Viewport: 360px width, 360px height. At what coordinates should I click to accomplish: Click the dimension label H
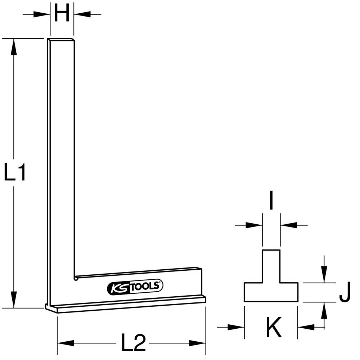point(62,14)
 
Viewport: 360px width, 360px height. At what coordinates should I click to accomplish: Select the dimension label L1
point(14,172)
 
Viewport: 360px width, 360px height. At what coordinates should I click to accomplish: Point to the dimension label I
point(271,202)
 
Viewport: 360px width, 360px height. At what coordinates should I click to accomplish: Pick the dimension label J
point(344,293)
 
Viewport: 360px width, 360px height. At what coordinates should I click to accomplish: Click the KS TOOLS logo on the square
point(135,287)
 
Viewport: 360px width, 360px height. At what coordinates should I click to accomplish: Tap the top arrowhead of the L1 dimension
point(14,47)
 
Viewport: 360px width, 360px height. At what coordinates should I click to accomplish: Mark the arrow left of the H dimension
point(42,14)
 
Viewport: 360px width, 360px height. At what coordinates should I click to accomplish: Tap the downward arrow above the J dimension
point(324,276)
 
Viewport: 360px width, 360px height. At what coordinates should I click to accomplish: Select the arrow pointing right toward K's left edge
point(236,327)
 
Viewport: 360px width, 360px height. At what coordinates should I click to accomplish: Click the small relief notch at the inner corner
point(76,278)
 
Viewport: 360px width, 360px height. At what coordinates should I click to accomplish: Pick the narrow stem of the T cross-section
point(271,266)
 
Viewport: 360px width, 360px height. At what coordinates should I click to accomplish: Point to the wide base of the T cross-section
point(271,292)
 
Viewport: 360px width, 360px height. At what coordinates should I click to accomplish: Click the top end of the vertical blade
point(62,40)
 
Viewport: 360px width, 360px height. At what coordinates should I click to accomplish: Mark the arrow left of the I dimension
point(254,225)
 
